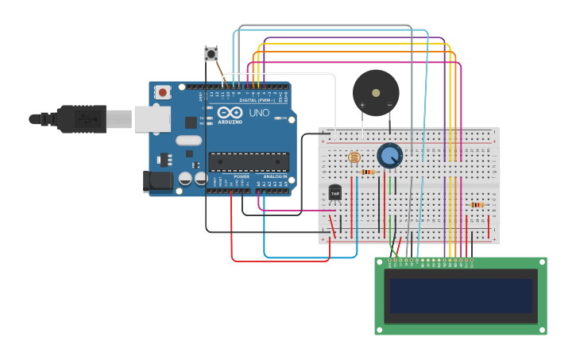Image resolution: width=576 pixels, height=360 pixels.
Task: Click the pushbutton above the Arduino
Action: [211, 54]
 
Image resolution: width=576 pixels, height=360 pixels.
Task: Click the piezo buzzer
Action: [376, 92]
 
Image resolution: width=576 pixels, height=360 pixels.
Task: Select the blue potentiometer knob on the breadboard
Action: [389, 155]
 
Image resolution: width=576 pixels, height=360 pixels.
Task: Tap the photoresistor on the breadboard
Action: [354, 158]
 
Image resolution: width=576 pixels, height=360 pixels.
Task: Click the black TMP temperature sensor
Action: [335, 193]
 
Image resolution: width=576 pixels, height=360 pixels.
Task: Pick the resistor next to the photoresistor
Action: [367, 172]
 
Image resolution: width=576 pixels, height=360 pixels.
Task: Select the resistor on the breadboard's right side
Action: [477, 205]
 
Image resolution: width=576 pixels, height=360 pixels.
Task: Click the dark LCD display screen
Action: [460, 296]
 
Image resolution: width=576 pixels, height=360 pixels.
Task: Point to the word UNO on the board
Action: [259, 113]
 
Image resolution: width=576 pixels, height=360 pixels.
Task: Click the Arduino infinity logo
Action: [234, 113]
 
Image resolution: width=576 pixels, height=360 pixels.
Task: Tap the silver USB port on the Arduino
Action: [152, 119]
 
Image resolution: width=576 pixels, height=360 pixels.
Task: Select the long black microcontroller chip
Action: [248, 161]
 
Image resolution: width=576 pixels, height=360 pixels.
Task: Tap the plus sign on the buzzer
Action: [362, 104]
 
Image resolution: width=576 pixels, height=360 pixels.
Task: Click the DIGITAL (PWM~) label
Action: [256, 100]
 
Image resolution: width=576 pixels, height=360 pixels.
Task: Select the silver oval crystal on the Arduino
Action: [189, 141]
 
